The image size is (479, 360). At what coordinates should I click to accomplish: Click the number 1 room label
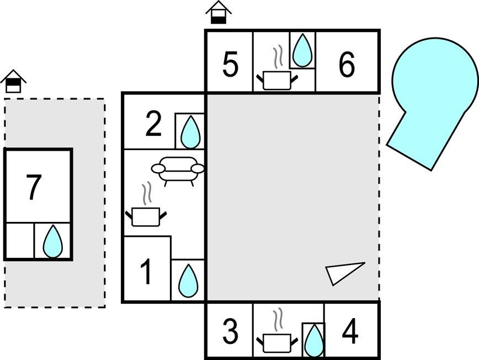[x=146, y=272]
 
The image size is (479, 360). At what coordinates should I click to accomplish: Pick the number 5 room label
[x=230, y=65]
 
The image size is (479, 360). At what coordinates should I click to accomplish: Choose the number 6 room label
[x=347, y=65]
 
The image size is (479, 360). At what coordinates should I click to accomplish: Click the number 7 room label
[x=34, y=187]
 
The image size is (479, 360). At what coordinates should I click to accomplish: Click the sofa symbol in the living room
[x=178, y=169]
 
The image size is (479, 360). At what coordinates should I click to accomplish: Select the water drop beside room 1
[x=188, y=281]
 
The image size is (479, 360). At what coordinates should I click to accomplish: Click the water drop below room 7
[x=53, y=242]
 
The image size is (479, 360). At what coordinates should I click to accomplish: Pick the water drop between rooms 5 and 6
[x=302, y=51]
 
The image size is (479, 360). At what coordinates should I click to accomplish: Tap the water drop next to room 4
[x=314, y=340]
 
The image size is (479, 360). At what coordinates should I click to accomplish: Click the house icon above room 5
[x=219, y=13]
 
